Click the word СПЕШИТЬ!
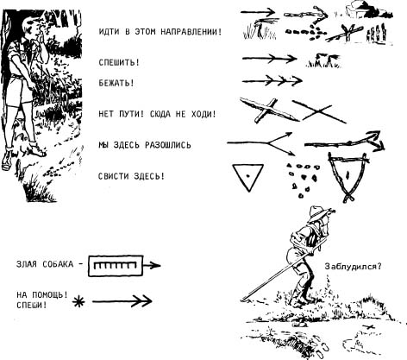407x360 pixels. (x=119, y=62)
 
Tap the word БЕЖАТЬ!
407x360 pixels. (x=116, y=83)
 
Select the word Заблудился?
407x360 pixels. (x=353, y=267)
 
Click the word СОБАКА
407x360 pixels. (x=58, y=264)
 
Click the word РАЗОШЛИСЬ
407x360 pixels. (x=168, y=145)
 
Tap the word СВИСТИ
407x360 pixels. (x=113, y=176)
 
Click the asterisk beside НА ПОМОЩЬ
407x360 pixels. (x=78, y=301)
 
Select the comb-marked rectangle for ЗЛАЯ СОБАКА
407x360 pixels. (x=116, y=266)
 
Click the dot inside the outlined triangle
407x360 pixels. (x=247, y=175)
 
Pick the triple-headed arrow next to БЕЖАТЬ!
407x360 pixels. (x=272, y=81)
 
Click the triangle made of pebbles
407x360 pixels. (x=303, y=180)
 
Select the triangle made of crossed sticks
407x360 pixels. (x=348, y=176)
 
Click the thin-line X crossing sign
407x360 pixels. (x=319, y=111)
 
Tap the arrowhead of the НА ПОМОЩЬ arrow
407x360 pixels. (x=146, y=301)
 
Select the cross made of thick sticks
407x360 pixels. (x=269, y=111)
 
